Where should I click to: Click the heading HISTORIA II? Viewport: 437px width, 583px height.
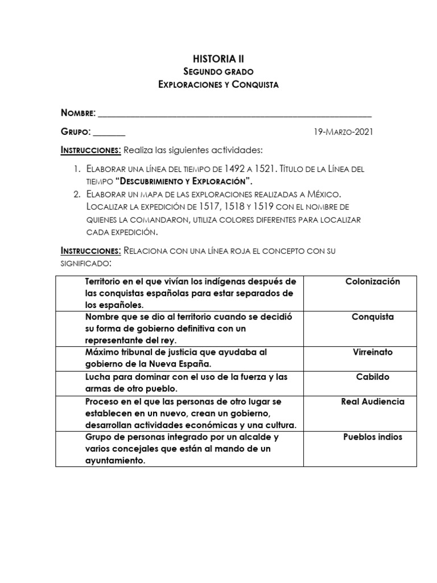218,58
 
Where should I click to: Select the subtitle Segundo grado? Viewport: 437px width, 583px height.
218,72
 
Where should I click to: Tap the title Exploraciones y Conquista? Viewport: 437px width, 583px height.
218,85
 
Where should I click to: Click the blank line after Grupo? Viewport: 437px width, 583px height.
109,132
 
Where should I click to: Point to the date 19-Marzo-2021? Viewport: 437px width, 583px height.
344,132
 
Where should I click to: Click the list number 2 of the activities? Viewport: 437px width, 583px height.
77,194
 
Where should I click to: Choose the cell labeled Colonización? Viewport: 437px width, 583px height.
373,282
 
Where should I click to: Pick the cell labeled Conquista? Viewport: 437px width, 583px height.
373,317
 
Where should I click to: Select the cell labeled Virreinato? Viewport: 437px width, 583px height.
373,352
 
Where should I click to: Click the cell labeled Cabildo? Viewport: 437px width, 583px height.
373,377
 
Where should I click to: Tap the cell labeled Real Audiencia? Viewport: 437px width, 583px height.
373,401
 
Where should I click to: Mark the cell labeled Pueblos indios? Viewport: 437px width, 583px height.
373,437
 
